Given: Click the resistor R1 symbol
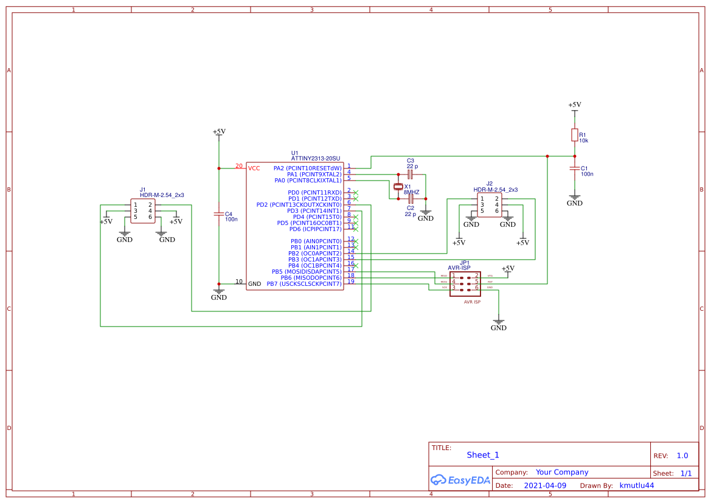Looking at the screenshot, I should [x=574, y=134].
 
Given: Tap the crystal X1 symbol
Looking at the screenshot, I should [x=398, y=187].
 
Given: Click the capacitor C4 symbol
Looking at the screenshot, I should [x=219, y=214].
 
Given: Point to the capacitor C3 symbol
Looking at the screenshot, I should [x=411, y=174].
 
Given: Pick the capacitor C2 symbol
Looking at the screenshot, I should [x=411, y=199].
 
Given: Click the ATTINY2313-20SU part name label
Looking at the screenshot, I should [x=315, y=158].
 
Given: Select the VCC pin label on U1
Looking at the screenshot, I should [x=254, y=168].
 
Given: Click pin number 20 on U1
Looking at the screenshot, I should [x=238, y=166].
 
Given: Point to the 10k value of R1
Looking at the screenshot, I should [x=583, y=140].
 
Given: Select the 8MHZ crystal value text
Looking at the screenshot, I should [x=411, y=192].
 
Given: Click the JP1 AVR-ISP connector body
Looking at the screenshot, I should [x=465, y=283].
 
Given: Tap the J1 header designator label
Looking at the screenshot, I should [x=143, y=190].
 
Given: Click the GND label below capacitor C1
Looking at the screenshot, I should [x=574, y=203].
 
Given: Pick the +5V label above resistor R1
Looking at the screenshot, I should [x=574, y=105].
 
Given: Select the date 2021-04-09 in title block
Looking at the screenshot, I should [x=545, y=485].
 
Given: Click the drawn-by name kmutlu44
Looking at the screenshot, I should [x=636, y=485].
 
